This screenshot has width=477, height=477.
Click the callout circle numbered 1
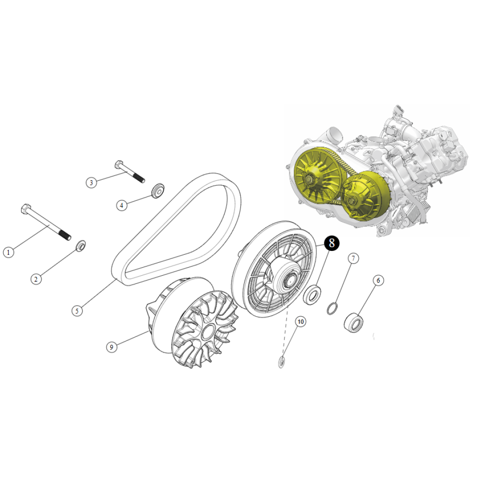pos(9,252)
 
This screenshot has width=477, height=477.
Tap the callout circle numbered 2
pos(36,279)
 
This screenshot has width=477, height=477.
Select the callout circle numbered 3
pos(91,183)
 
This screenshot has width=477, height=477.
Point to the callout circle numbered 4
pos(122,205)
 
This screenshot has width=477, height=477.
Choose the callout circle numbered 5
pos(77,311)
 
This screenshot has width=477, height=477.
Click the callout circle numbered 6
pos(378,280)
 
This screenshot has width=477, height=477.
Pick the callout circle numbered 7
pos(353,258)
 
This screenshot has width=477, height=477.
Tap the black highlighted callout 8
pos(332,243)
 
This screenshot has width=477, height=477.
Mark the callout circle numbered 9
pos(112,347)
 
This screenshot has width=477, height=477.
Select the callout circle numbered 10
pos(301,321)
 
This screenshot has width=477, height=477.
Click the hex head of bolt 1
pos(26,209)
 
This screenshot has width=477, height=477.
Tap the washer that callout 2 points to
pos(81,246)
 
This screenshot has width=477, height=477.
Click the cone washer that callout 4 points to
pos(158,191)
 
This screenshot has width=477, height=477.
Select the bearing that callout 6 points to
pos(353,322)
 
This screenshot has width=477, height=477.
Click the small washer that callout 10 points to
pos(282,362)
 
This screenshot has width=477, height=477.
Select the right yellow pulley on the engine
pos(365,195)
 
